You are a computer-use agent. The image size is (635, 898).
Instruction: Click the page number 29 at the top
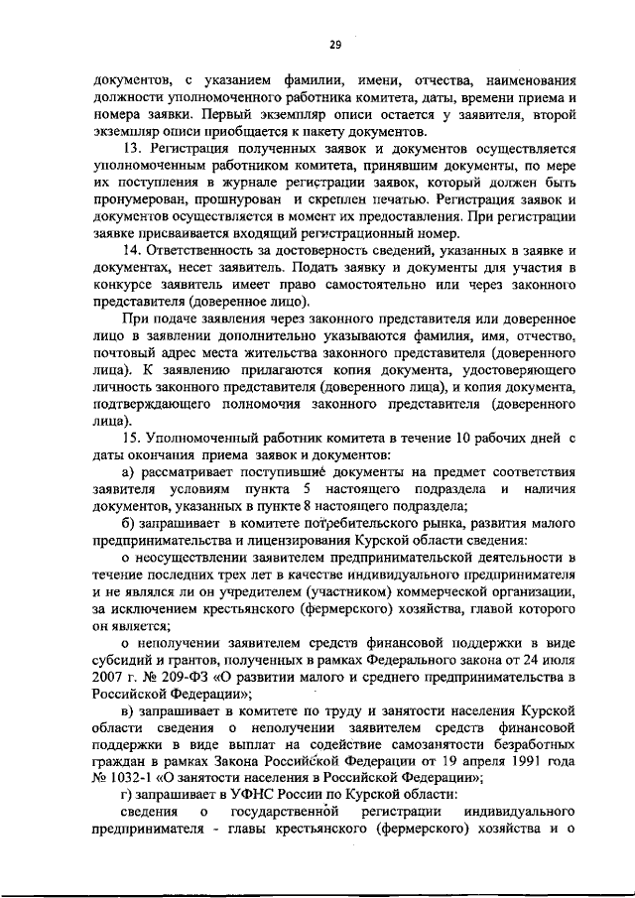[x=334, y=44]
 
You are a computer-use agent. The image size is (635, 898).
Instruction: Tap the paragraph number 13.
[x=129, y=148]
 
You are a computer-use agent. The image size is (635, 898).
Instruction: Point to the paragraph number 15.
[x=129, y=438]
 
